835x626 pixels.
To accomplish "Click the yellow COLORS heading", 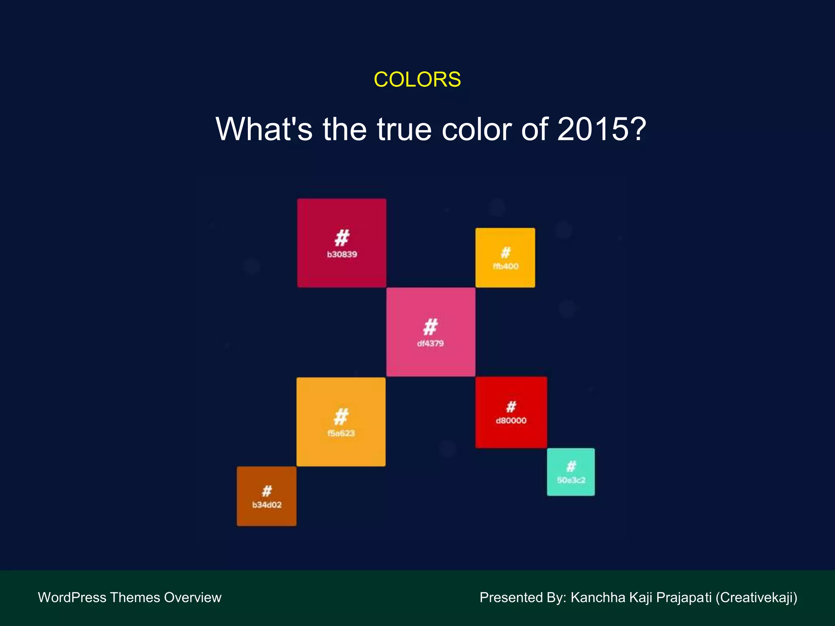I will coord(417,79).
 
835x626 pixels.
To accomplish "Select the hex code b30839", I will coord(342,255).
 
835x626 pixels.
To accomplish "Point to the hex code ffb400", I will coord(506,267).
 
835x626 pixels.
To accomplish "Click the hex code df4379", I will coord(430,344).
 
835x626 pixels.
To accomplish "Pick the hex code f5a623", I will coord(341,433).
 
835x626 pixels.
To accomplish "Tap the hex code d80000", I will coord(511,421).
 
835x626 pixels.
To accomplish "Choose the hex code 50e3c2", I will coord(571,481).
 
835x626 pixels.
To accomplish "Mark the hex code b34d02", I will coord(267,505).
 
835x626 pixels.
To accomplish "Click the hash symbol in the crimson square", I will coord(342,238).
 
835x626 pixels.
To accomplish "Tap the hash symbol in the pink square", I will coord(431,327).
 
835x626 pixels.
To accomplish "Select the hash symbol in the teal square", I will coord(571,466).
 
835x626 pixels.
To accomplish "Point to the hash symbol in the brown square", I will coord(267,491).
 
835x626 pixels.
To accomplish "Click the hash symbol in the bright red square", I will coord(511,406).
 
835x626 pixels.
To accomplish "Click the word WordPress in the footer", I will coord(72,597).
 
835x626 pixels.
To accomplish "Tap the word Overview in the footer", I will coord(192,597).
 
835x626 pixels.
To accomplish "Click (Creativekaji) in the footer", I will coord(756,597).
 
